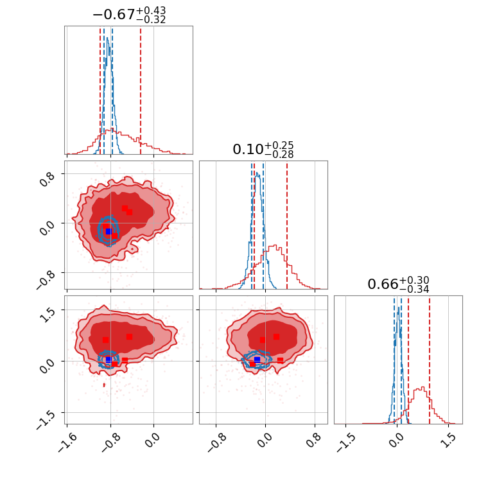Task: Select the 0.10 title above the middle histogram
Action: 245,150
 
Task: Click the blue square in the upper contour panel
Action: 109,231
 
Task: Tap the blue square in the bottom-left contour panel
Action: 109,360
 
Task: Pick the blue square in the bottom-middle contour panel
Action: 257,360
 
